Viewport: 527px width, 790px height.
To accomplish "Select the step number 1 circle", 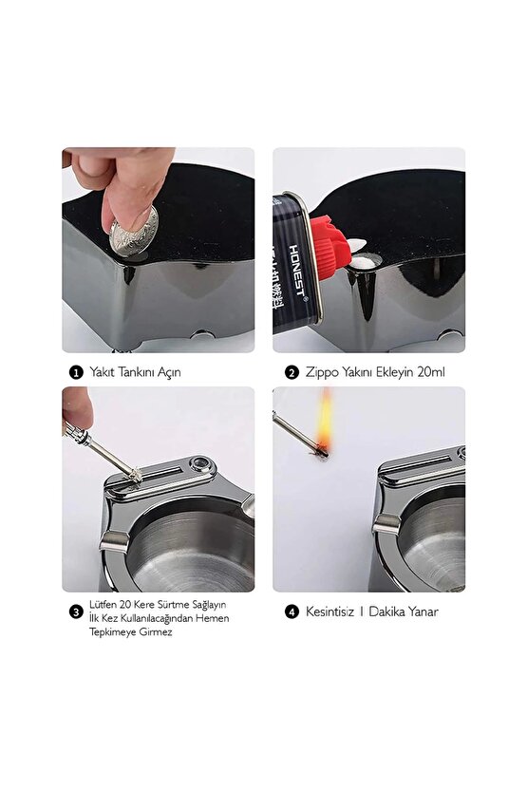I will tap(75, 372).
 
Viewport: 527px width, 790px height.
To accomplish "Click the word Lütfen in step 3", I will tap(103, 604).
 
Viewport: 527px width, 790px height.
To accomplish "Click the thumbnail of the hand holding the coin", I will tap(158, 250).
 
